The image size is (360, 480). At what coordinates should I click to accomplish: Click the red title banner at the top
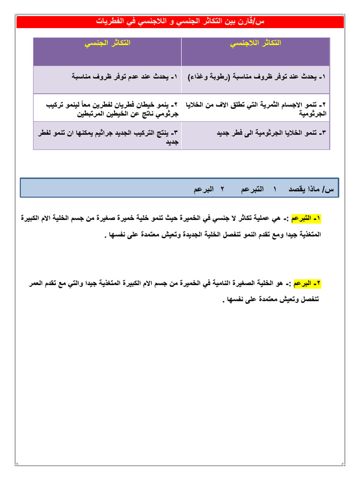180,22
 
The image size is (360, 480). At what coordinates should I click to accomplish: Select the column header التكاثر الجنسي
107,43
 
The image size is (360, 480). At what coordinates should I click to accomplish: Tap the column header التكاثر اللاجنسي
255,43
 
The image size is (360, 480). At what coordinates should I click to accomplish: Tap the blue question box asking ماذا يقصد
180,189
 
